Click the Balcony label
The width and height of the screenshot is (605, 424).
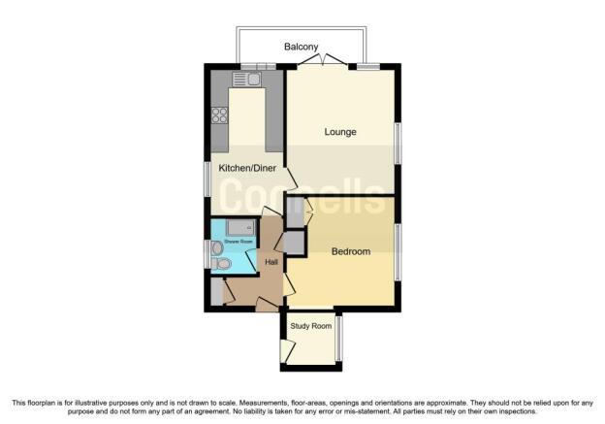coord(301,47)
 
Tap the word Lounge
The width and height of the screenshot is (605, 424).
coord(340,132)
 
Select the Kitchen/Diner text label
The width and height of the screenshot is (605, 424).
coord(247,168)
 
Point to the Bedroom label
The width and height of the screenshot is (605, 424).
coord(351,251)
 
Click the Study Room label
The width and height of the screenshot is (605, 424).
coord(311,326)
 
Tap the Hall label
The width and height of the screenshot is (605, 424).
coord(271,262)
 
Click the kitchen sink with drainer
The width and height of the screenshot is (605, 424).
coord(246,80)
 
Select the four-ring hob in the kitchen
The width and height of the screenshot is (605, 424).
coord(219,115)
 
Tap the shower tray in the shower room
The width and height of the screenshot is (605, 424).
coord(240,227)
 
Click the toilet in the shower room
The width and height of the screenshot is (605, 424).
coord(221,264)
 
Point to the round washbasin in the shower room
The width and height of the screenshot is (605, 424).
coord(217,248)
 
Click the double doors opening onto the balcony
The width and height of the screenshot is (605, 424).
coord(323,59)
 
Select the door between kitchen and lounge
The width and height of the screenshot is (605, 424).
coord(291,179)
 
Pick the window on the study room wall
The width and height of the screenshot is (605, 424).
coord(338,339)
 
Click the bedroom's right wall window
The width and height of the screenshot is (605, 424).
coord(398,251)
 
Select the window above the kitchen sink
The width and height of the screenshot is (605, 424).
coord(259,66)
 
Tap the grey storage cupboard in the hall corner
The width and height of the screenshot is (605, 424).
coord(217,291)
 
